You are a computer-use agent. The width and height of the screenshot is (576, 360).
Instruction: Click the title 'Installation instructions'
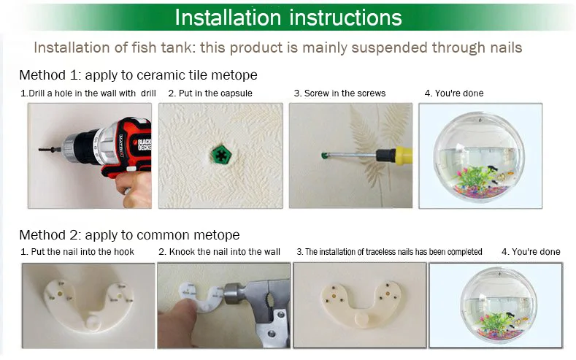point(288,18)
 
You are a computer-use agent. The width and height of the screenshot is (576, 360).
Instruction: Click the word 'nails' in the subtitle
point(506,47)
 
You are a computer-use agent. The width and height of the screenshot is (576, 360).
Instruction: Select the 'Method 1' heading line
point(138,75)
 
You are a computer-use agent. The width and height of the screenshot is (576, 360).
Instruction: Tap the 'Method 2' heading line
point(129,234)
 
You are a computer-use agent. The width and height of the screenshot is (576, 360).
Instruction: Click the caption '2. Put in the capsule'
point(210,93)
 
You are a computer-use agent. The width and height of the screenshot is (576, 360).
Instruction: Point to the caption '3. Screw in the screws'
point(339,93)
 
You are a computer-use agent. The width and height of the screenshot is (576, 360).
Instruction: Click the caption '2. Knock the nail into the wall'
point(219,252)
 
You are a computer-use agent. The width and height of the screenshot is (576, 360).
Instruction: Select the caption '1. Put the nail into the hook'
point(77,252)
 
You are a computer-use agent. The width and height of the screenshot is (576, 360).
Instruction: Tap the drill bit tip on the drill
point(40,149)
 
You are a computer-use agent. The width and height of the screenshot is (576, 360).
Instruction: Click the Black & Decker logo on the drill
point(145,145)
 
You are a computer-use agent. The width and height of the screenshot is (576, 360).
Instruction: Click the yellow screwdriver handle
point(404,155)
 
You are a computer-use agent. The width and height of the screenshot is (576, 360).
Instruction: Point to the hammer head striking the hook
point(234,294)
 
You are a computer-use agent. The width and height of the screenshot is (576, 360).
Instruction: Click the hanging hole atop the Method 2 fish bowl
point(499,275)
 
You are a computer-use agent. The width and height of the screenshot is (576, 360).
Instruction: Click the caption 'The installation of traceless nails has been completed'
point(393,252)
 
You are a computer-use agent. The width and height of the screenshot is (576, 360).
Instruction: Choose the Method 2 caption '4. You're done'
point(531,252)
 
